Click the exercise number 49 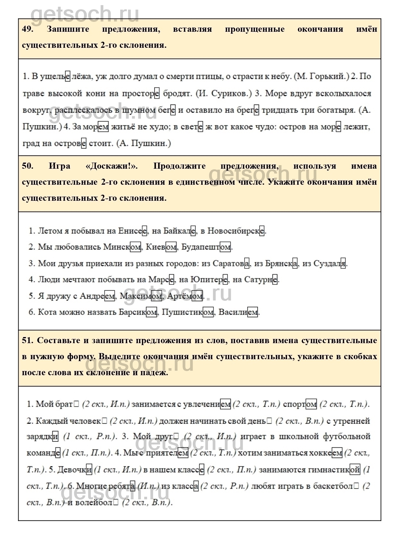pyautogui.click(x=28, y=29)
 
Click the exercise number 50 pyautogui.click(x=28, y=166)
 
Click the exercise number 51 pyautogui.click(x=28, y=341)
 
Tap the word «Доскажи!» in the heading pyautogui.click(x=112, y=166)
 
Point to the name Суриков pyautogui.click(x=230, y=93)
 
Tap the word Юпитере pyautogui.click(x=209, y=280)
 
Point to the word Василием pyautogui.click(x=238, y=312)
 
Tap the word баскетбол pyautogui.click(x=336, y=486)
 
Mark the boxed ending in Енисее pyautogui.click(x=144, y=231)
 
